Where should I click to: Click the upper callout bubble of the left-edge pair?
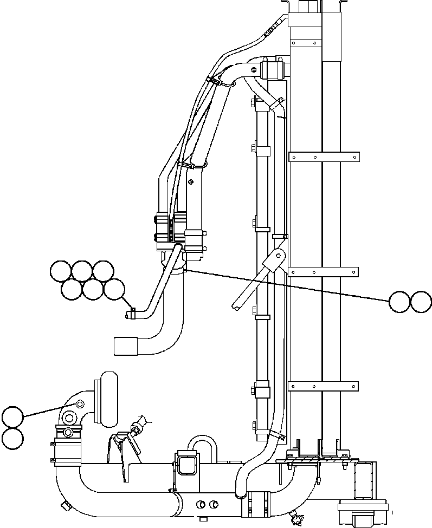pos(12,418)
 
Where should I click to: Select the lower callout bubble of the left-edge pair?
pos(12,439)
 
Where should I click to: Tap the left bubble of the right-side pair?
pos(400,302)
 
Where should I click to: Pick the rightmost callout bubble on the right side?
pos(421,302)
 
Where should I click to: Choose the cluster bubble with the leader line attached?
pos(114,289)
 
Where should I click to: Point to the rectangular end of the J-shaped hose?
pos(125,346)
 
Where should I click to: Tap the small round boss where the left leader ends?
pos(80,404)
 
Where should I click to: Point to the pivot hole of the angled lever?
pos(280,255)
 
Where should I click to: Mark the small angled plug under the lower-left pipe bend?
pos(66,506)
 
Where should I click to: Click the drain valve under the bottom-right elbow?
pos(296,518)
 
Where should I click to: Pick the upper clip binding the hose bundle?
pos(215,81)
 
